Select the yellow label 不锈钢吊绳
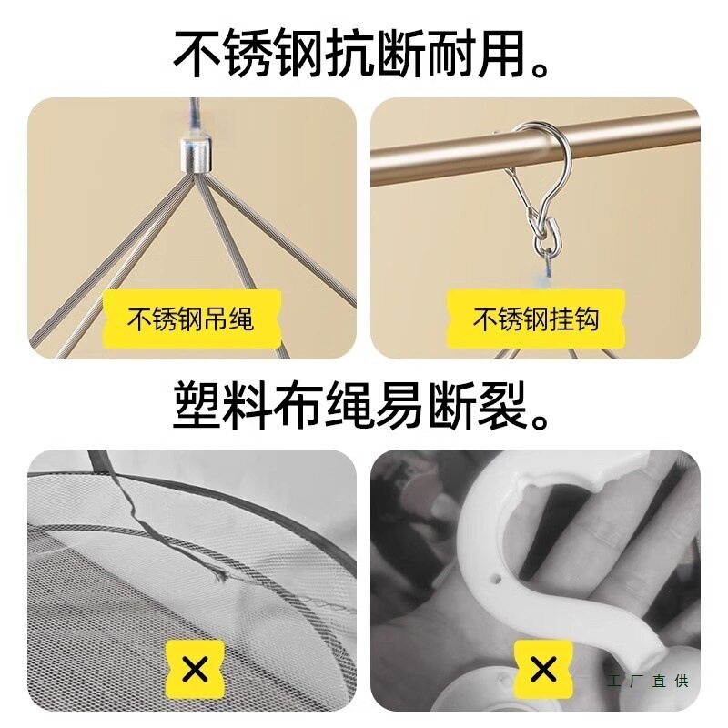[x=190, y=319]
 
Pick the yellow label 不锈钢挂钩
[x=536, y=319]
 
